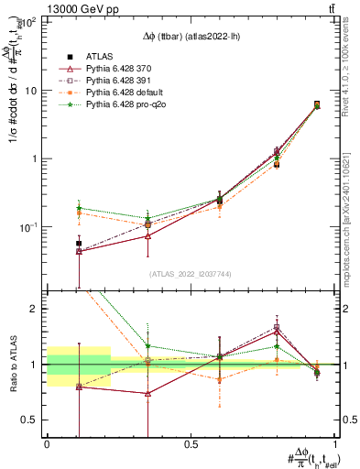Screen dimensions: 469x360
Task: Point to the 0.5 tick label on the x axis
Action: tap(191, 443)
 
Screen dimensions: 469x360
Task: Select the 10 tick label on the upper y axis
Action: tap(28, 91)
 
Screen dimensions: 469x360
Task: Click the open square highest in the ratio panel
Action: tap(277, 327)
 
